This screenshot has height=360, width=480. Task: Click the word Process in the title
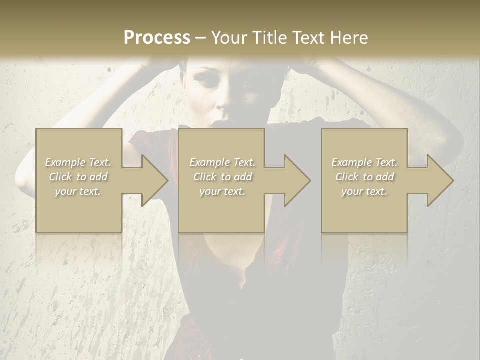[157, 38]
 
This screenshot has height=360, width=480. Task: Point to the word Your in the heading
[229, 38]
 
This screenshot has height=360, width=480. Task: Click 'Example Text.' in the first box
[78, 162]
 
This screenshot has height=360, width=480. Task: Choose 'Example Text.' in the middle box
[222, 162]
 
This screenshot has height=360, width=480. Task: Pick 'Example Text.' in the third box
[364, 162]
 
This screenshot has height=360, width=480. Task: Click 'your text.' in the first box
[78, 191]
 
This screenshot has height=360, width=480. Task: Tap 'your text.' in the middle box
[222, 191]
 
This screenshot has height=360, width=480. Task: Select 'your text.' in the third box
[364, 191]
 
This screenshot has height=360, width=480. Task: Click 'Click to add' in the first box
[78, 177]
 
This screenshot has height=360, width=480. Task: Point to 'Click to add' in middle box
[222, 177]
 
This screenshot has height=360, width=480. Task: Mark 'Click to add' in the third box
[364, 177]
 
